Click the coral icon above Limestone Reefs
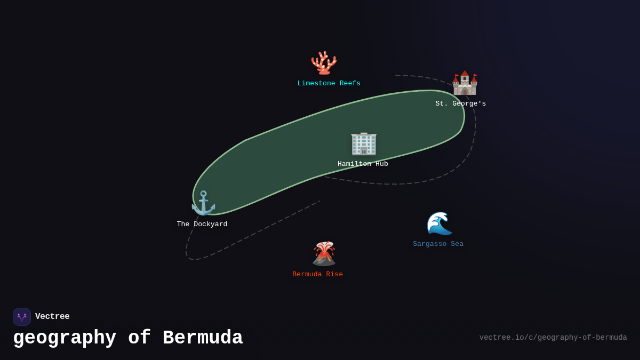click(324, 63)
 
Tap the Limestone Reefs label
click(329, 84)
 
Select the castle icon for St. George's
click(465, 83)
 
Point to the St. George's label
click(460, 104)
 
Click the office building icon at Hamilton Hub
click(364, 143)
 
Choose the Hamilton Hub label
click(363, 164)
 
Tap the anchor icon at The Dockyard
click(203, 203)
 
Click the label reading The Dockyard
click(202, 225)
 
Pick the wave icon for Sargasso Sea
click(439, 223)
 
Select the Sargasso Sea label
click(438, 244)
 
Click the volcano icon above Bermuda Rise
click(324, 253)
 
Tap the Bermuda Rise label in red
click(317, 275)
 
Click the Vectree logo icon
click(22, 317)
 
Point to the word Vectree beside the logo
click(52, 317)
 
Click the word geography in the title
click(65, 338)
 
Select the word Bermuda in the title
click(203, 338)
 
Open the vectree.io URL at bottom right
click(553, 338)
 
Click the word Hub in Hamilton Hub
click(382, 164)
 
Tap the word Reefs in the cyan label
click(350, 84)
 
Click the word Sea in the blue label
click(457, 244)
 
